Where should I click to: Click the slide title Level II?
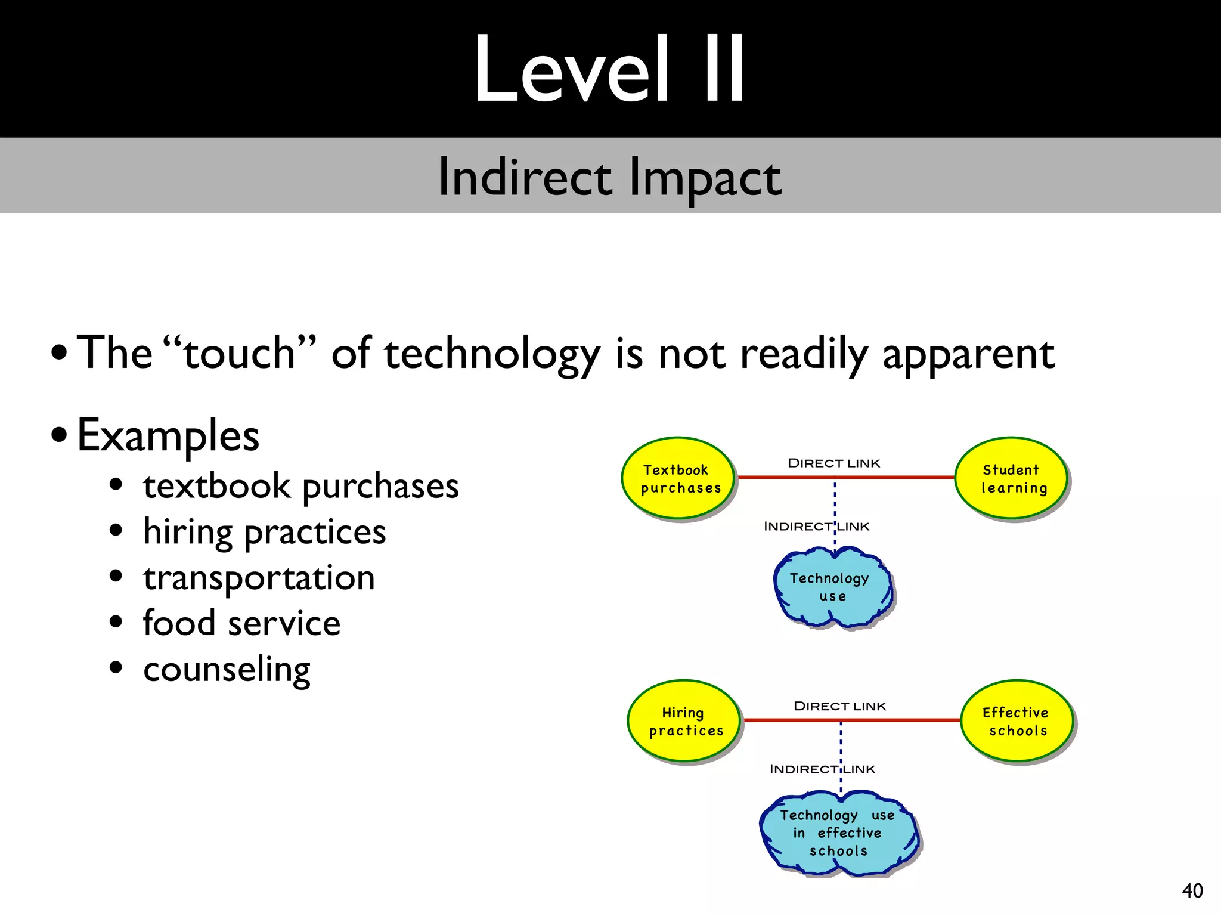click(x=609, y=70)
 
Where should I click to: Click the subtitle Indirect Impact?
click(x=609, y=177)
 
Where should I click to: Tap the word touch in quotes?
click(x=240, y=353)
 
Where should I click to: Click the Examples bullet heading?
click(x=168, y=435)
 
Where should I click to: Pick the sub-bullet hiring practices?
click(x=264, y=532)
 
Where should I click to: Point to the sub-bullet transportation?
click(x=259, y=578)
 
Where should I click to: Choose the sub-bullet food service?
click(x=241, y=624)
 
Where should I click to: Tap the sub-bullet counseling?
click(x=227, y=670)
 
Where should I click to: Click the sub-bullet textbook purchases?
click(x=300, y=486)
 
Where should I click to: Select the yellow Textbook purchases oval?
click(x=678, y=479)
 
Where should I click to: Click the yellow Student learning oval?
click(x=1011, y=479)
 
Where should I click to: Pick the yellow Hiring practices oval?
click(x=684, y=722)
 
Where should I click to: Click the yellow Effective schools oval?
click(x=1017, y=722)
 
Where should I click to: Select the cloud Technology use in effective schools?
click(x=839, y=833)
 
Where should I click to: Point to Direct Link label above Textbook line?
click(x=833, y=463)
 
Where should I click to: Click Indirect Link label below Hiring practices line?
click(x=822, y=769)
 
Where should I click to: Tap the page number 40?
click(x=1192, y=890)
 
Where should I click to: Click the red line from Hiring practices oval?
click(x=793, y=720)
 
